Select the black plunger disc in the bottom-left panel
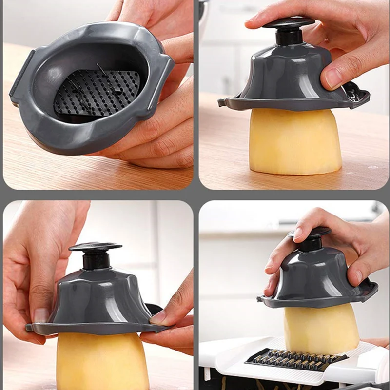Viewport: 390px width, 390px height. tap(96, 247)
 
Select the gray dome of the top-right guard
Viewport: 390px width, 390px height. tap(283, 73)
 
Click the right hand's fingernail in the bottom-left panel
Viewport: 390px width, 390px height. tap(158, 317)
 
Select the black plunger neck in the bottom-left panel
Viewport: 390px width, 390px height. tap(96, 261)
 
